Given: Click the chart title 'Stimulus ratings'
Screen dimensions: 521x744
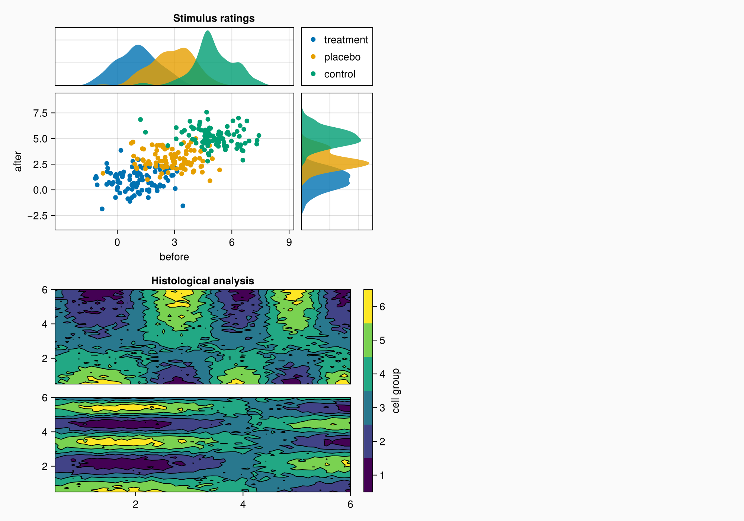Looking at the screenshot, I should (x=214, y=18).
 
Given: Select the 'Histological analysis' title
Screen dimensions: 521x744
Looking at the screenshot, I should (x=202, y=281).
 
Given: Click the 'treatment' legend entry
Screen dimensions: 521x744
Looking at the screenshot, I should (x=346, y=40).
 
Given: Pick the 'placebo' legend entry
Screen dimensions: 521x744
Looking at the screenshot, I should (x=342, y=57).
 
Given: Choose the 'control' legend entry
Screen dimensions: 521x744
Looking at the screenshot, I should (x=339, y=74).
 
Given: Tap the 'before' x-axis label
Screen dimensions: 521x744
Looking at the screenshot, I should (x=174, y=257).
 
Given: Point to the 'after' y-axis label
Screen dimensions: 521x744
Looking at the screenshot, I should (x=18, y=161).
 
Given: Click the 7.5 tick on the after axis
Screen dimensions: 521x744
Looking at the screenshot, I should (x=40, y=113).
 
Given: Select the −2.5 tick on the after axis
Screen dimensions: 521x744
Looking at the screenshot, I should (x=38, y=216).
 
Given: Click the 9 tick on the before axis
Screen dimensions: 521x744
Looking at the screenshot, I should (x=289, y=243).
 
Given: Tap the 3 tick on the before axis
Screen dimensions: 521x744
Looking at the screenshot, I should (x=174, y=243).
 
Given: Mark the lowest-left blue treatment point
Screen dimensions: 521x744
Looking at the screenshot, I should (x=102, y=209).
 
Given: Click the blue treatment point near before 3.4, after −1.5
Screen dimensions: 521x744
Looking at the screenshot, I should (x=183, y=206).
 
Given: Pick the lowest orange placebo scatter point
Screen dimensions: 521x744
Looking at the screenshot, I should (x=210, y=181).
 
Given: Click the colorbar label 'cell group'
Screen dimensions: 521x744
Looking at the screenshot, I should (x=396, y=391).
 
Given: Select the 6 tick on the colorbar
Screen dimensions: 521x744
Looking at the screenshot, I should (x=382, y=307).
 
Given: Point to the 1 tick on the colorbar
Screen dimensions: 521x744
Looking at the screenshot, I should (x=382, y=475).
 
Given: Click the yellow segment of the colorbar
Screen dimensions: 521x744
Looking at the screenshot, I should (x=368, y=306).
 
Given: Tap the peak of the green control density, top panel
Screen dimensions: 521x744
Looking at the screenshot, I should (x=208, y=31).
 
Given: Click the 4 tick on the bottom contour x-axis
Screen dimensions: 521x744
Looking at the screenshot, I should (x=243, y=505).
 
